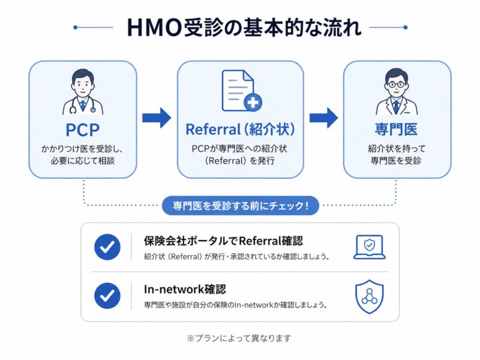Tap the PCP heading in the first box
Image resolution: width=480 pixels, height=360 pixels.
83,130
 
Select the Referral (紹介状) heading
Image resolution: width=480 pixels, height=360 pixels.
240,130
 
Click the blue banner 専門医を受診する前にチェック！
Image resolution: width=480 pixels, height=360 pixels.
241,206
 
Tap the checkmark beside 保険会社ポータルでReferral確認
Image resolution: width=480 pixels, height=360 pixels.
107,247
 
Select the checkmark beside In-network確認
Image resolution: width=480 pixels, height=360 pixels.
107,296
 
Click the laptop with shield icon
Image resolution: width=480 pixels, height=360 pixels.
368,247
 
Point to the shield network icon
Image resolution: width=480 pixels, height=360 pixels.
368,296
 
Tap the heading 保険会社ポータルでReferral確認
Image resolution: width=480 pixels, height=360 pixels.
223,241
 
